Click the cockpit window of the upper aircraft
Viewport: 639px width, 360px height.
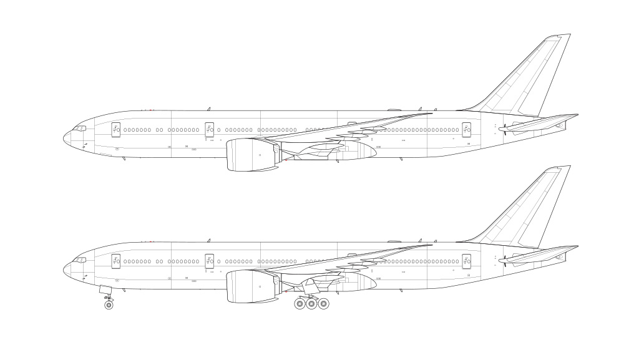(x=80, y=129)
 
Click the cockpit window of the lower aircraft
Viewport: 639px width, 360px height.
(x=80, y=260)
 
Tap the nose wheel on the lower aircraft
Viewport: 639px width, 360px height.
(x=109, y=305)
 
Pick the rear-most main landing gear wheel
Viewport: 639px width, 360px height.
(x=323, y=304)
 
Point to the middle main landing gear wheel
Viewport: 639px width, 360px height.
(x=311, y=304)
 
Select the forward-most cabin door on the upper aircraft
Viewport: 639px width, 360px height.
(x=115, y=129)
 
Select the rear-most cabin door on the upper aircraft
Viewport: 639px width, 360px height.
(x=466, y=129)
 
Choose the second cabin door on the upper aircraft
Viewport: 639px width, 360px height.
(x=209, y=129)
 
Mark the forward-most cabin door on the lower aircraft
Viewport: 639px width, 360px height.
(x=115, y=260)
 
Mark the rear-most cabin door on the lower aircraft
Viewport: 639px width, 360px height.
(x=466, y=260)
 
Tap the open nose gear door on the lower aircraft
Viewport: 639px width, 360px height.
(x=105, y=290)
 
